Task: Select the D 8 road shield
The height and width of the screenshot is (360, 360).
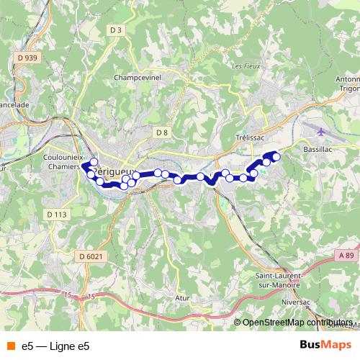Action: [x=161, y=132]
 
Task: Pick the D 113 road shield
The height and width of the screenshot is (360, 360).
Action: [x=55, y=214]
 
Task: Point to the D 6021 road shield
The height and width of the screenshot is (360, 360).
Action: [x=91, y=256]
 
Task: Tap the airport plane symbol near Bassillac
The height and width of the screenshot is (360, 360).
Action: [x=320, y=131]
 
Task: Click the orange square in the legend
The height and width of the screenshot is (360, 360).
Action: [x=10, y=346]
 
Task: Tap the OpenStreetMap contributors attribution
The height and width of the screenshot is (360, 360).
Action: [x=297, y=323]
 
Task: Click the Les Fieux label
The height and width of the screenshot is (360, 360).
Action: [x=246, y=66]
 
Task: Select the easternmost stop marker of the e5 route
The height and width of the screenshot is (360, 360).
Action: [x=276, y=156]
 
